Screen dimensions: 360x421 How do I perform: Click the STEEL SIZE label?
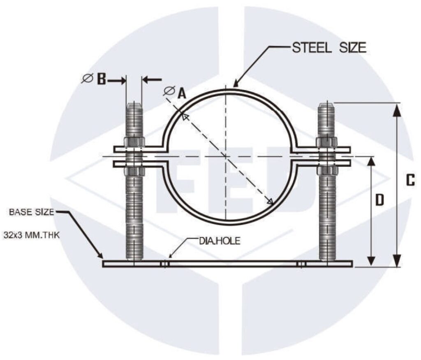tap(328, 48)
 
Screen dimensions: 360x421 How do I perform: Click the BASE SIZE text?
tap(32, 212)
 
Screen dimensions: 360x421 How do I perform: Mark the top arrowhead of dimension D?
tap(371, 161)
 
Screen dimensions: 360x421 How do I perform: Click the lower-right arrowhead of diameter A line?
tap(270, 201)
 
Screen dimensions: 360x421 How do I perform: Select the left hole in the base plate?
tap(164, 264)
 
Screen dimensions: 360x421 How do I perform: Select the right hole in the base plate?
tap(301, 264)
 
